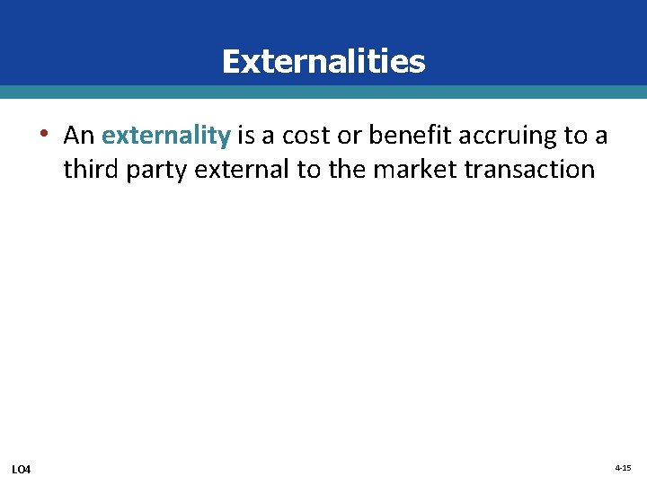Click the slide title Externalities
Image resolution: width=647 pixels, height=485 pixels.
point(323,61)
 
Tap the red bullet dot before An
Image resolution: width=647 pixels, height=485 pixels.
point(42,136)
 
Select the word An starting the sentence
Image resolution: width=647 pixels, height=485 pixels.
point(79,136)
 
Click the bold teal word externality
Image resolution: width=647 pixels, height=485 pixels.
point(166,136)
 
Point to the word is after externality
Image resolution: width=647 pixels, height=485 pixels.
point(245,136)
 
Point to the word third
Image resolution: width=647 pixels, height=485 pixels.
point(91,169)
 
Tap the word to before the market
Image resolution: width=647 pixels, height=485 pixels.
point(311,169)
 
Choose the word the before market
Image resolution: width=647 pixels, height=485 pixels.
point(347,169)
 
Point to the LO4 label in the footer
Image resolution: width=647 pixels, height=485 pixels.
point(21,470)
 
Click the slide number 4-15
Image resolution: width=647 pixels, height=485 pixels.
point(623,469)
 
